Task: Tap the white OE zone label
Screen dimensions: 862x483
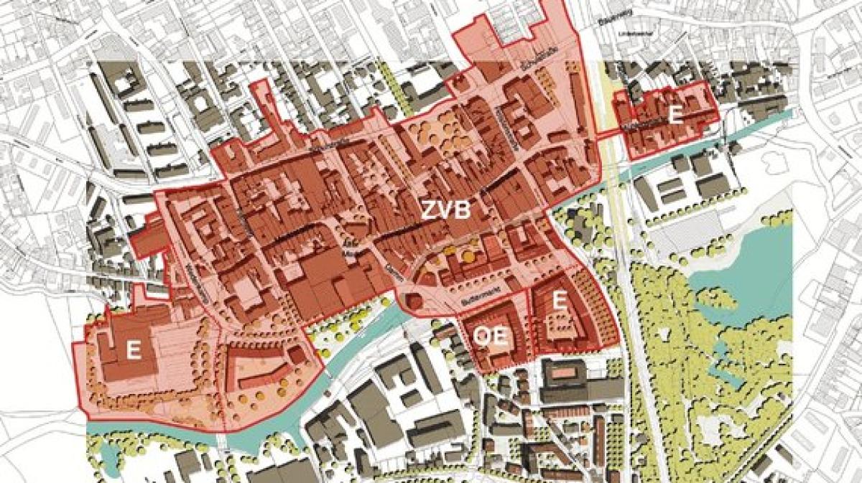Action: [492, 336]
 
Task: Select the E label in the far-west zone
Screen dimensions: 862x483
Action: [132, 351]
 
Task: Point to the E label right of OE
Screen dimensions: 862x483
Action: [558, 301]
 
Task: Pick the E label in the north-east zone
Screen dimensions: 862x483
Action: [675, 116]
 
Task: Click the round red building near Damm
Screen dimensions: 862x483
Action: [416, 303]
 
